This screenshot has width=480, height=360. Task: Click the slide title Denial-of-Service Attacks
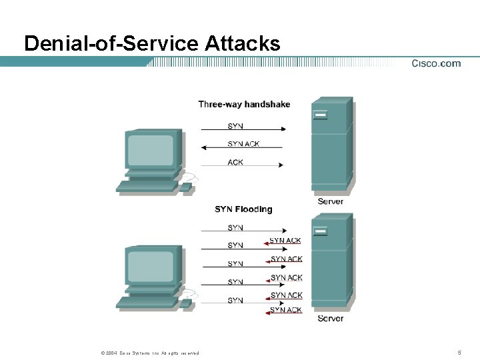coord(152,44)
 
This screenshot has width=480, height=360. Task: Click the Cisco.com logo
coord(436,63)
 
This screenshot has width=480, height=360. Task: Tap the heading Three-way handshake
coord(244,104)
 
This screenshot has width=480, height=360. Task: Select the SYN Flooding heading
coord(243,209)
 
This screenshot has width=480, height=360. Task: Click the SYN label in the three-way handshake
coord(235,125)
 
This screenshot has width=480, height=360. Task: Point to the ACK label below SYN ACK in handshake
coord(235,162)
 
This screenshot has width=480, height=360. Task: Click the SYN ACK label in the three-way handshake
coord(243,144)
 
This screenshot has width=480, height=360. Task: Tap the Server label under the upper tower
coord(331,201)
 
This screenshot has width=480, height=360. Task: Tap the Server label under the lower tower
coord(331,319)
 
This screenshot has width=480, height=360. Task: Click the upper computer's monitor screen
coord(150,151)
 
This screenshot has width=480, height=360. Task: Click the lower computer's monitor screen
coord(150,266)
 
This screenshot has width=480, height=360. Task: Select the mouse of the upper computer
coord(186,187)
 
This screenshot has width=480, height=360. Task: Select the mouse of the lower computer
coord(186,303)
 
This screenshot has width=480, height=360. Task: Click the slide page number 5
coord(459,352)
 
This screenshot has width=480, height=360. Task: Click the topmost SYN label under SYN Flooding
coord(235,228)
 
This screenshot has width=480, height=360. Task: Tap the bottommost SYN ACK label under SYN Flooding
coord(286,310)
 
